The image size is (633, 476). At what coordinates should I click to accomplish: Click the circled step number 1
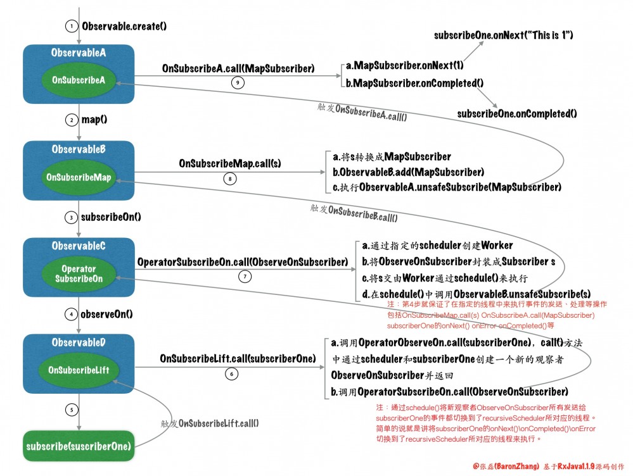[72, 27]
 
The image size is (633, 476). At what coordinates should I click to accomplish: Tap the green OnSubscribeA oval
[79, 80]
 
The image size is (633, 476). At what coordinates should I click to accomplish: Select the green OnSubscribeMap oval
[79, 177]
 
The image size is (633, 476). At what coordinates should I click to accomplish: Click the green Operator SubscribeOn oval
[79, 274]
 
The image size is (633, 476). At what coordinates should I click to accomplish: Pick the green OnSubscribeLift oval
[79, 371]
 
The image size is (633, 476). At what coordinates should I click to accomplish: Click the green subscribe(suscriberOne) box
[79, 447]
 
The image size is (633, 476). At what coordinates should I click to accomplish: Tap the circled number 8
[232, 179]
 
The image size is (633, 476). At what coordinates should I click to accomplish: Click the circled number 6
[232, 373]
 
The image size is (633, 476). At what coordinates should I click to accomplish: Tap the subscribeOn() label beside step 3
[111, 216]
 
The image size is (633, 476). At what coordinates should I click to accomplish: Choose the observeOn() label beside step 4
[107, 313]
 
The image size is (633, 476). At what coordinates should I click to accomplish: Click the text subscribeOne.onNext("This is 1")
[504, 35]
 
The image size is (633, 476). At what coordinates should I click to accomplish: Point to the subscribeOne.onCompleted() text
[517, 114]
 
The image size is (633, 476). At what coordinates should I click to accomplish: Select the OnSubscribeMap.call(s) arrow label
[230, 163]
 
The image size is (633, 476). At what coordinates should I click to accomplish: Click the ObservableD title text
[79, 342]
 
